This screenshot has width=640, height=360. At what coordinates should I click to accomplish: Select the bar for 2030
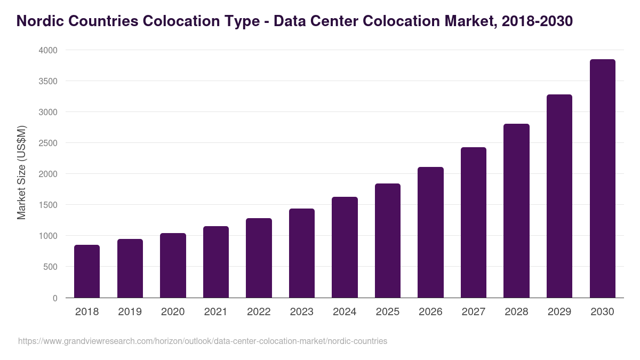(602, 179)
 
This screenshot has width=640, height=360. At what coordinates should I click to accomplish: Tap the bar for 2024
(345, 247)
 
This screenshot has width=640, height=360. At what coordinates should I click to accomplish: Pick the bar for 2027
(474, 222)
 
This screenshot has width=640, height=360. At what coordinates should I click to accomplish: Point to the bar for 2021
(216, 262)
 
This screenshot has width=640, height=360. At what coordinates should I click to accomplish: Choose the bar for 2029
(559, 196)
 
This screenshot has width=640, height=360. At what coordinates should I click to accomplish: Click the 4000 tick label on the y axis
(47, 50)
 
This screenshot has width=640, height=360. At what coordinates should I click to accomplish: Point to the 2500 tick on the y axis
(47, 143)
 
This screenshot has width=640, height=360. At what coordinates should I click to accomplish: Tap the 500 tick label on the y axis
(50, 267)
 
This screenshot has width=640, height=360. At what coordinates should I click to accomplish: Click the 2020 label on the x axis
(173, 312)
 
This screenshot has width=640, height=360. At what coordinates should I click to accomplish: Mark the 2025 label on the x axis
(388, 312)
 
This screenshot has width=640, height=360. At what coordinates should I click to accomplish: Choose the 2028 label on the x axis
(516, 312)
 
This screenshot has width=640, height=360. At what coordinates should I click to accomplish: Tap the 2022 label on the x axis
(259, 312)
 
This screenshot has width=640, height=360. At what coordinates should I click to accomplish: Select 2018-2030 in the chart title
(537, 21)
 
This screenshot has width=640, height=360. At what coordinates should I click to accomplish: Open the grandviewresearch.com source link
(203, 341)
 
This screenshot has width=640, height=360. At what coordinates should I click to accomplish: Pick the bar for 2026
(430, 233)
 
